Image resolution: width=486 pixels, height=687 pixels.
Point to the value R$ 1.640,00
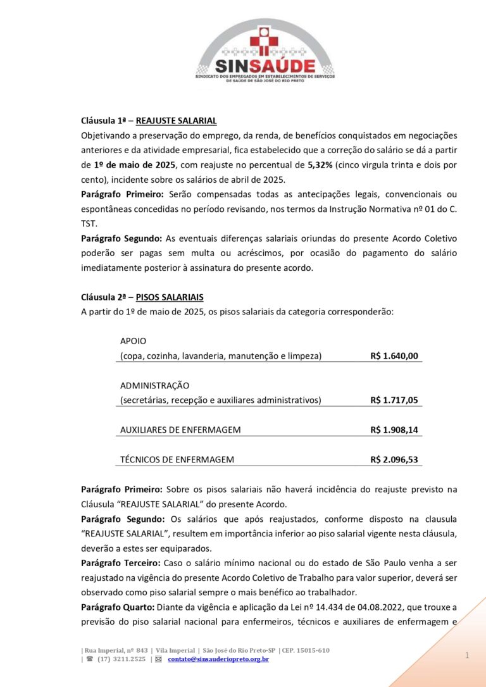tap(394, 356)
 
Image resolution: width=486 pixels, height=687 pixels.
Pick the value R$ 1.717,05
tap(394, 400)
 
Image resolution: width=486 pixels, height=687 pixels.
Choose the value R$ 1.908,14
tap(394, 430)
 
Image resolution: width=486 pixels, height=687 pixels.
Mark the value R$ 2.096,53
tap(394, 460)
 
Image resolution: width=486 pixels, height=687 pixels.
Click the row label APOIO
tap(133, 341)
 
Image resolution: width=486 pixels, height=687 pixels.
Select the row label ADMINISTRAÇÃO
tap(154, 385)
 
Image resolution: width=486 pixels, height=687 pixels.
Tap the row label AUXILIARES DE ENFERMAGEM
tap(180, 430)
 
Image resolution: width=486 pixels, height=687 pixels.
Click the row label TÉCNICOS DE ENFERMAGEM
tap(177, 460)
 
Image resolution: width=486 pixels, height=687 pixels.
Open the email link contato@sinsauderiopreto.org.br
tap(218, 659)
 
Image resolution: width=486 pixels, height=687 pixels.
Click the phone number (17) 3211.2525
tap(121, 659)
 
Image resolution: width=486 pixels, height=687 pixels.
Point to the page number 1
tap(467, 656)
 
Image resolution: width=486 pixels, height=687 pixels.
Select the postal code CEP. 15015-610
tap(306, 650)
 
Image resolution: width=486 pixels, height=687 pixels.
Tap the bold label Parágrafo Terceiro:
tap(121, 563)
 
